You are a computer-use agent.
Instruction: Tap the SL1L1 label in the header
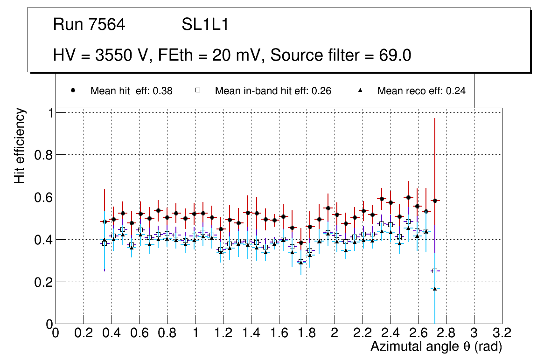(x=205, y=25)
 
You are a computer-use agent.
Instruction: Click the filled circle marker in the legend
(x=73, y=91)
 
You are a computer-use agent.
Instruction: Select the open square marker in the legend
(x=198, y=91)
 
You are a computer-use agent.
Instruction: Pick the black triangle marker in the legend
(x=360, y=91)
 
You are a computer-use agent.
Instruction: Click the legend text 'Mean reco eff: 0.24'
(x=421, y=91)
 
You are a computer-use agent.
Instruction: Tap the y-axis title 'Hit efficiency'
(x=20, y=145)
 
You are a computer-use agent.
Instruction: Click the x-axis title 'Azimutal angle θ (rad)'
(x=436, y=346)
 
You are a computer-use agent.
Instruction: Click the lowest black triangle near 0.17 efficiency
(x=435, y=289)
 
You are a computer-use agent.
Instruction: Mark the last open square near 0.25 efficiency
(x=435, y=271)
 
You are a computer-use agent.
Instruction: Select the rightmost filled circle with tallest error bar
(x=435, y=201)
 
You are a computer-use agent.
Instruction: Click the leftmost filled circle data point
(x=104, y=222)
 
